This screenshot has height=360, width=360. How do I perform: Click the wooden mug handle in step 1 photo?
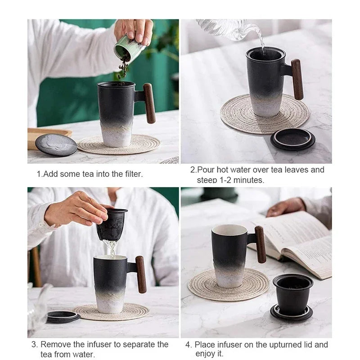tap(150, 103)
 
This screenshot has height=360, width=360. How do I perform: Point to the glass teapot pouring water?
tap(225, 28)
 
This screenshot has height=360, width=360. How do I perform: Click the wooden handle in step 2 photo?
tap(297, 80)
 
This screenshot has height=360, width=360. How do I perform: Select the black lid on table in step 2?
tap(292, 138)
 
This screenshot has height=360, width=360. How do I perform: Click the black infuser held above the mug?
tap(112, 225)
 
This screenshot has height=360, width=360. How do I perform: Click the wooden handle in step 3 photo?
tap(140, 274)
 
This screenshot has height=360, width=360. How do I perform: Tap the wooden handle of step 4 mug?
tap(261, 244)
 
